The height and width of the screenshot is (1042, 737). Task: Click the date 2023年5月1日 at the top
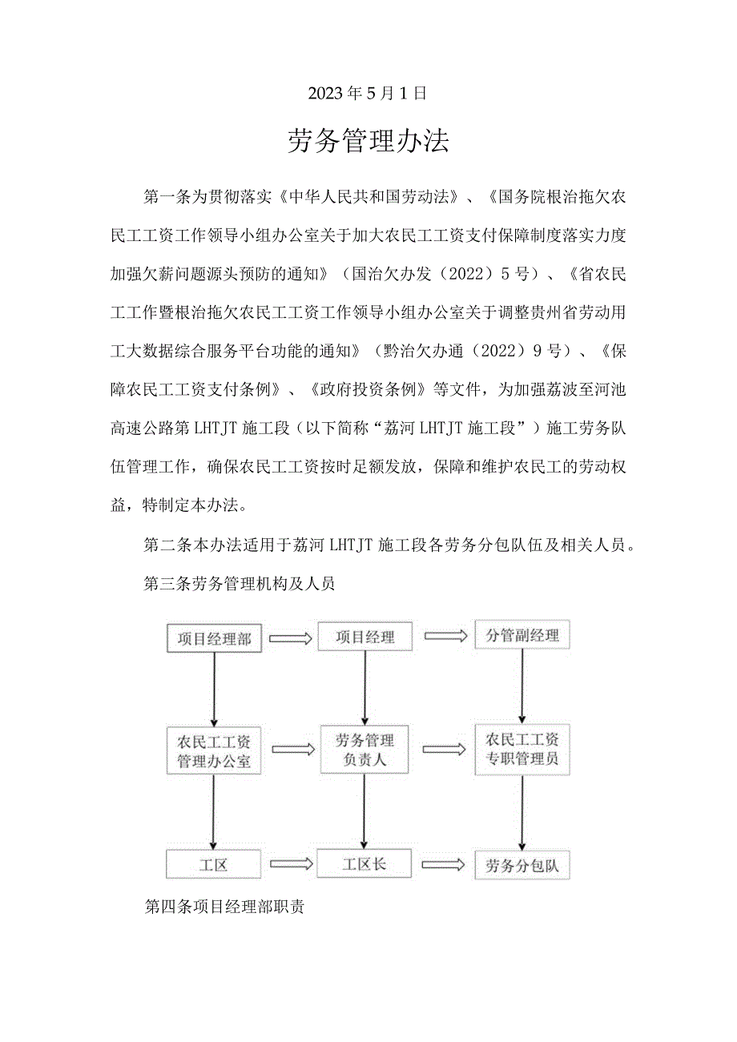click(x=368, y=93)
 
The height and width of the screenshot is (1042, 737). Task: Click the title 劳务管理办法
click(x=368, y=141)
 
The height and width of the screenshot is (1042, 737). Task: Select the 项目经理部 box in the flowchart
click(x=214, y=638)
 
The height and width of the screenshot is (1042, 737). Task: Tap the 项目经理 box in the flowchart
click(x=365, y=637)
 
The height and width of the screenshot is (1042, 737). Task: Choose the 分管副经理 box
click(x=522, y=636)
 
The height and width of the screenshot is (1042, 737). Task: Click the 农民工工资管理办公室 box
click(x=214, y=750)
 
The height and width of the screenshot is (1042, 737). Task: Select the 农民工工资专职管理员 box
click(x=522, y=748)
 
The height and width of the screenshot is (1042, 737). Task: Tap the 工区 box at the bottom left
click(x=214, y=865)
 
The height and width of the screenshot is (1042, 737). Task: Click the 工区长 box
click(x=365, y=864)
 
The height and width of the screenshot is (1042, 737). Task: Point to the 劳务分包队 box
click(x=522, y=865)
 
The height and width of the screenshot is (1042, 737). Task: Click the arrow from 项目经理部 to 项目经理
click(x=289, y=638)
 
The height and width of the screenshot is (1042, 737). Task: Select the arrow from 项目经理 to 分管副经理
click(x=445, y=636)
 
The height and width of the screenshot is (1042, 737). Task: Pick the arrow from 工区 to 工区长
click(x=289, y=865)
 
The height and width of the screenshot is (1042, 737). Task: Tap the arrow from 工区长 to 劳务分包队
click(x=443, y=865)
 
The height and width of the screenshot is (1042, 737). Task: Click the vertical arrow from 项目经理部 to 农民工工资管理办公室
click(x=214, y=687)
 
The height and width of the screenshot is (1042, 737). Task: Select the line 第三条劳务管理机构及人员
click(x=239, y=584)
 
